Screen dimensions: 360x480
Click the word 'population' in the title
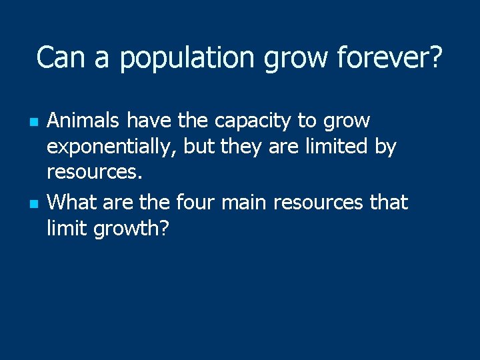[188, 59]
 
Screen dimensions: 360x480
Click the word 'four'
[197, 201]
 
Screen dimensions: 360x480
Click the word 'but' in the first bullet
[198, 147]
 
